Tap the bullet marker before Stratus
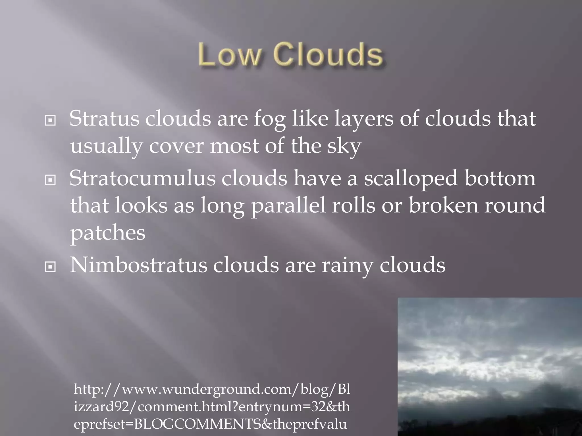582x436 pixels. point(50,121)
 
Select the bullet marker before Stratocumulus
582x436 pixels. point(50,180)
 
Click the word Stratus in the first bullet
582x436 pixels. point(104,119)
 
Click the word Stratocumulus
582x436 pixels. point(142,178)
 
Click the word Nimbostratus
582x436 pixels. point(138,265)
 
